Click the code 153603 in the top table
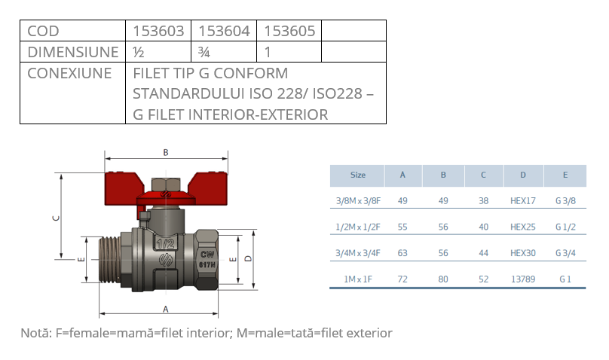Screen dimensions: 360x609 [x=158, y=31]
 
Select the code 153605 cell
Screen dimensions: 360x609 [x=289, y=31]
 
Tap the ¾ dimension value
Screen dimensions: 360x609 [x=203, y=53]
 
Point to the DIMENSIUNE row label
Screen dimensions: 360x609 [x=72, y=53]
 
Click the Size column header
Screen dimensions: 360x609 [x=358, y=175]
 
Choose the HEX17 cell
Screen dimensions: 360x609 [x=522, y=201]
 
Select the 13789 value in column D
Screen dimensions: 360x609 [x=522, y=279]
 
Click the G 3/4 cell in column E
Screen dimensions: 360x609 [x=565, y=253]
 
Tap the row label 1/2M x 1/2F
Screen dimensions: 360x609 [x=358, y=227]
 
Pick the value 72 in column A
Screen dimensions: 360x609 [x=402, y=279]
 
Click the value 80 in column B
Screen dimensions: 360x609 [x=443, y=279]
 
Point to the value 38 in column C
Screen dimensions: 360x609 [x=483, y=201]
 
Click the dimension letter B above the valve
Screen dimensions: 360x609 [x=166, y=152]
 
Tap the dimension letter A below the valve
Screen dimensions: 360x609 [x=166, y=310]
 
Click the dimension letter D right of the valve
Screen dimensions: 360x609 [x=249, y=258]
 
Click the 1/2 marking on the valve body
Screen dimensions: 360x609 [x=167, y=244]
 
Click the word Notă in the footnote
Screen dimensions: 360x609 [x=35, y=333]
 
